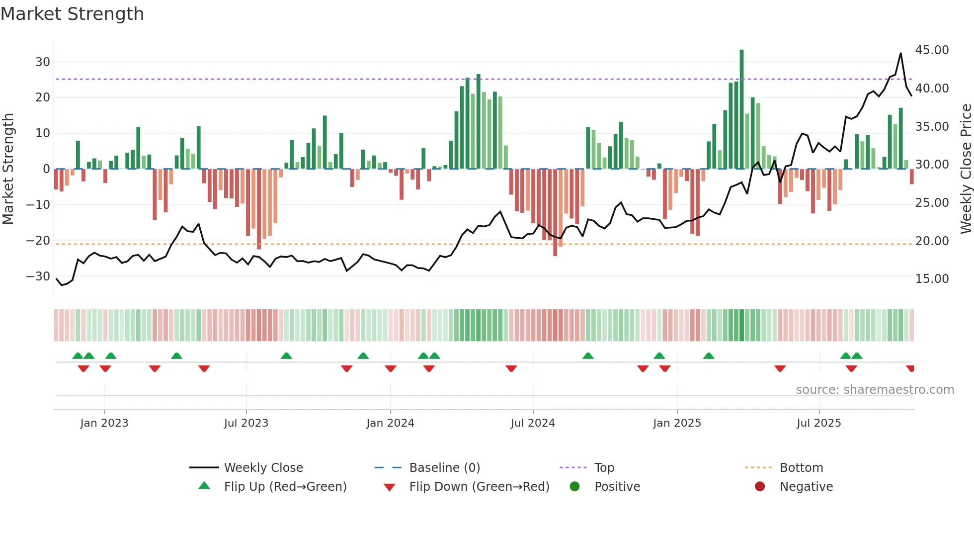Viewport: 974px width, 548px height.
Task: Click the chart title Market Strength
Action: (x=72, y=14)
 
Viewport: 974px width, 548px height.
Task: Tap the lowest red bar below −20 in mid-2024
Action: (x=555, y=212)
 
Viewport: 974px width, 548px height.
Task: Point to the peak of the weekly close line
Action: (x=900, y=53)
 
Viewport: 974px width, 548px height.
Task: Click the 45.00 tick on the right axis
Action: (x=932, y=50)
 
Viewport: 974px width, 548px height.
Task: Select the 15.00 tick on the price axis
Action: (x=932, y=279)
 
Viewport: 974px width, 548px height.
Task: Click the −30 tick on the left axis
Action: (x=39, y=276)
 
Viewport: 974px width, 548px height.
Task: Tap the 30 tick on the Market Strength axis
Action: (x=43, y=62)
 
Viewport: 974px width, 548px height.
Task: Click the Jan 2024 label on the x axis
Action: (x=390, y=423)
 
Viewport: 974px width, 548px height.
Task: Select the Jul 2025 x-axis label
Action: (x=818, y=423)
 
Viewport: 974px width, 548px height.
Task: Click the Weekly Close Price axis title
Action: (x=966, y=169)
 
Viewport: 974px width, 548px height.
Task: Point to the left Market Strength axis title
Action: (x=8, y=169)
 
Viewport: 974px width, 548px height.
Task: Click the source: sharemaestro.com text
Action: (x=875, y=390)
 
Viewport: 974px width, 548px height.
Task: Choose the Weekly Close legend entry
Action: (x=263, y=468)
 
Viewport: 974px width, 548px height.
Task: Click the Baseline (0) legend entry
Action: (x=444, y=468)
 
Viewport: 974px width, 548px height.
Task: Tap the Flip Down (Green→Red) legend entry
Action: (x=479, y=487)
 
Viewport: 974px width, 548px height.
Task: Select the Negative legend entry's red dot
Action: (x=759, y=487)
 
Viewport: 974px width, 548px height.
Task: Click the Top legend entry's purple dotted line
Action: (x=573, y=468)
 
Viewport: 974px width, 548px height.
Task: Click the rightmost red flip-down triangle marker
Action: (x=910, y=368)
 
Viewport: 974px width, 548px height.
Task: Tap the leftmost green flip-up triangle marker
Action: (x=78, y=356)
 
